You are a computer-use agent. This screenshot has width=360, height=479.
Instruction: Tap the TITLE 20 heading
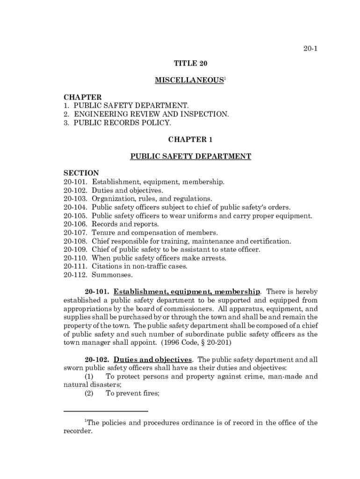coord(190,63)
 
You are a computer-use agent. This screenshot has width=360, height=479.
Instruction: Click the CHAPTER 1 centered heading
coord(190,139)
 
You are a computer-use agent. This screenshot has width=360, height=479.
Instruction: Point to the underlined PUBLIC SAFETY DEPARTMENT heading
coord(190,157)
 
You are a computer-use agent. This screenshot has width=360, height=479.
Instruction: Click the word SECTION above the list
coord(81,173)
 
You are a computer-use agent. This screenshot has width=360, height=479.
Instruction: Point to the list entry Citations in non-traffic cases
coord(139,266)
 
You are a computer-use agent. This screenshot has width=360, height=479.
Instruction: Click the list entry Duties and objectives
coord(127,190)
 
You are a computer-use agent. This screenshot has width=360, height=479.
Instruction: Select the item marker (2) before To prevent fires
coord(89,393)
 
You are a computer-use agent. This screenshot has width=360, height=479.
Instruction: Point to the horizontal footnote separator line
coord(106,411)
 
